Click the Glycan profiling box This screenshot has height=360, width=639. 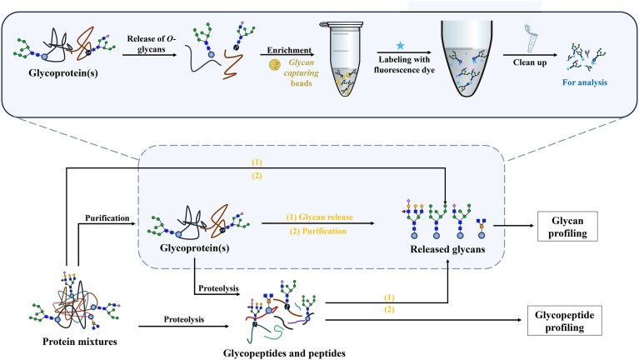pyautogui.click(x=567, y=227)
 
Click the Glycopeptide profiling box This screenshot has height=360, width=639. pyautogui.click(x=564, y=321)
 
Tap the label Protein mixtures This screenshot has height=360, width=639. pyautogui.click(x=80, y=342)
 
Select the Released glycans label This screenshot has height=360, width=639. pyautogui.click(x=447, y=249)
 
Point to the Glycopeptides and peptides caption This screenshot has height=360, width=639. pyautogui.click(x=284, y=353)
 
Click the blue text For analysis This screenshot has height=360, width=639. pyautogui.click(x=585, y=82)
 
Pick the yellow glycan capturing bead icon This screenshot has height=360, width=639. pyautogui.click(x=275, y=64)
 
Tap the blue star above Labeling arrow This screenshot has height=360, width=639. pyautogui.click(x=400, y=45)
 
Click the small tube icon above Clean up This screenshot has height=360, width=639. pyautogui.click(x=531, y=39)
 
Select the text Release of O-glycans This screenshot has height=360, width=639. pyautogui.click(x=151, y=44)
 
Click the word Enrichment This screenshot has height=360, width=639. pyautogui.click(x=289, y=51)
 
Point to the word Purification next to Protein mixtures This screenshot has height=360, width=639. pyautogui.click(x=107, y=218)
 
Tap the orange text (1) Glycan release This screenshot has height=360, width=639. pyautogui.click(x=320, y=217)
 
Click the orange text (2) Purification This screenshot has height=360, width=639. pyautogui.click(x=318, y=231)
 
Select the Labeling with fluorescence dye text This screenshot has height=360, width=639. pyautogui.click(x=404, y=64)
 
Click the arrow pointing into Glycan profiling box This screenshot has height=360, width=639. pyautogui.click(x=513, y=226)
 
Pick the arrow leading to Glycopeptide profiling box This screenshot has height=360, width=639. pyautogui.click(x=423, y=320)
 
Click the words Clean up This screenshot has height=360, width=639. pyautogui.click(x=530, y=62)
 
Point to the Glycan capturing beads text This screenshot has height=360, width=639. pyautogui.click(x=301, y=73)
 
